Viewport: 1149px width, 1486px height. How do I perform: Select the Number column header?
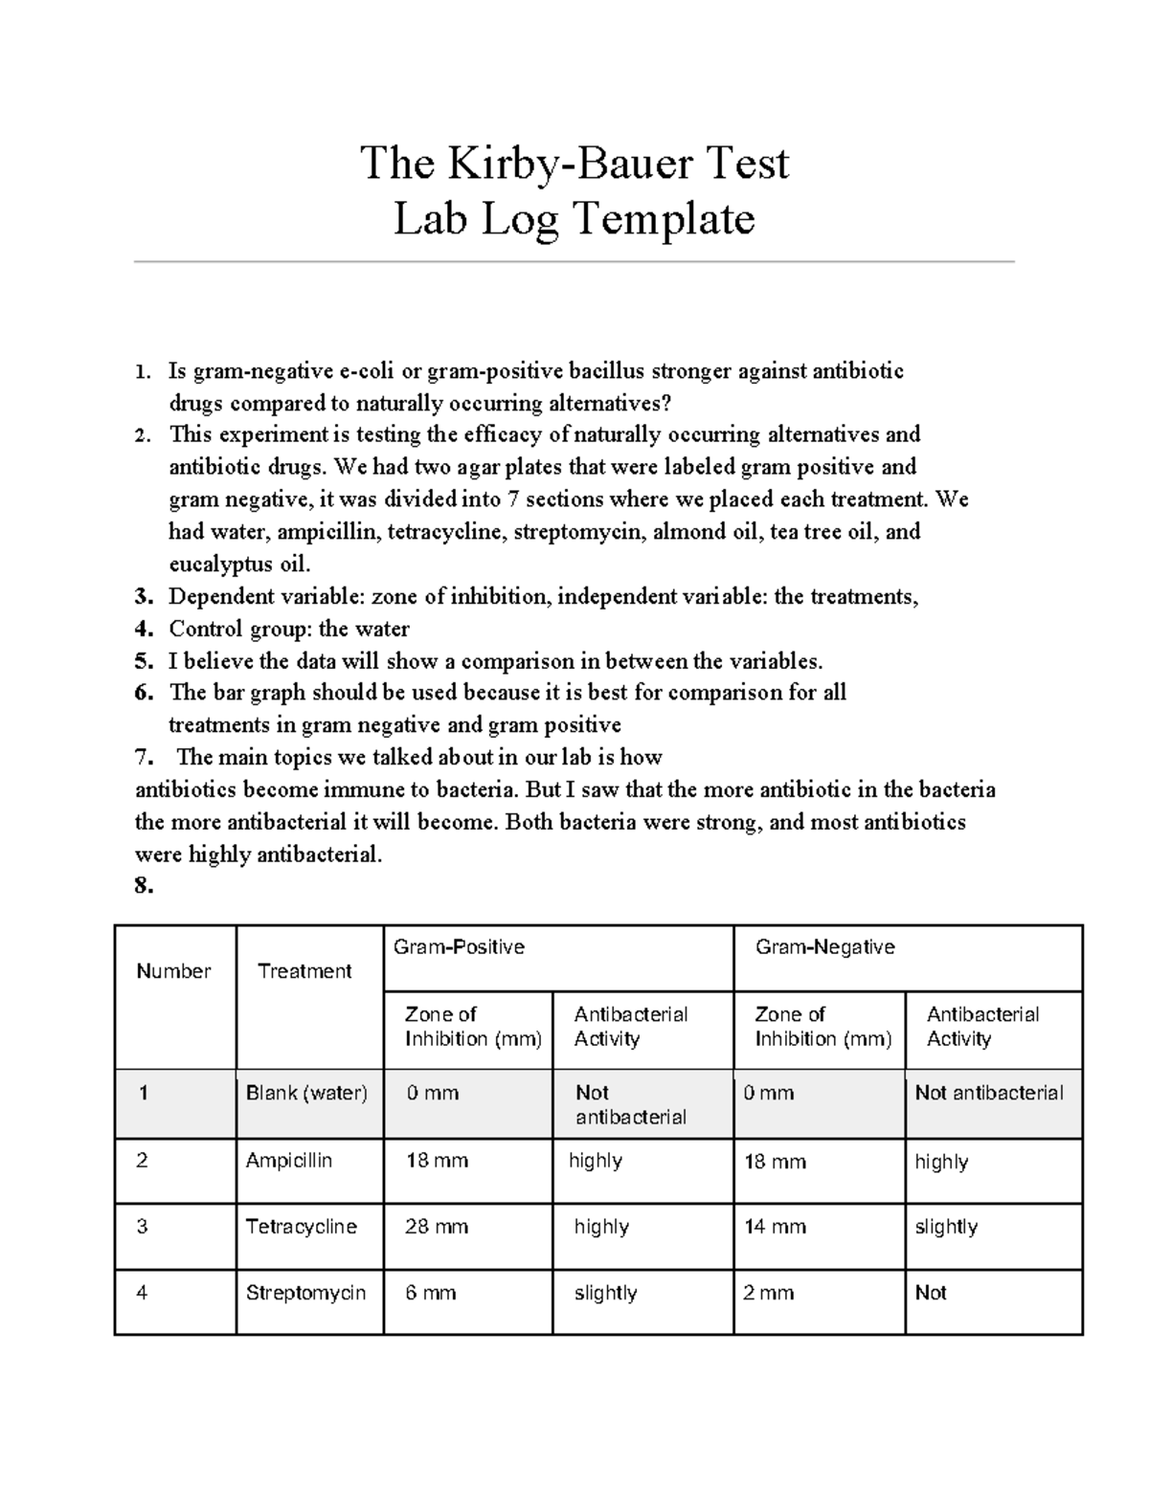[173, 971]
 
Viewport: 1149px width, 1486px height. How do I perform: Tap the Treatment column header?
[304, 971]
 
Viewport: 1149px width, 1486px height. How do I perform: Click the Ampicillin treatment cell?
[289, 1161]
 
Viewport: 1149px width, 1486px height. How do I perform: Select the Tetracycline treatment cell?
[301, 1227]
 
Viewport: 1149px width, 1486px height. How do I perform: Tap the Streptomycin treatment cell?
[305, 1293]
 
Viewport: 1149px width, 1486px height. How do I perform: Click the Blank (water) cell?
[306, 1093]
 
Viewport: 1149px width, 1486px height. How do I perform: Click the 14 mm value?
[775, 1227]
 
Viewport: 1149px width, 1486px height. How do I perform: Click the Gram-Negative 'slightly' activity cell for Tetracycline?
[946, 1227]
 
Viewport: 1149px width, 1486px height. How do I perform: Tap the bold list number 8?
[144, 887]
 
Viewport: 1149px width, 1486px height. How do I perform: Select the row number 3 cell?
[142, 1227]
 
